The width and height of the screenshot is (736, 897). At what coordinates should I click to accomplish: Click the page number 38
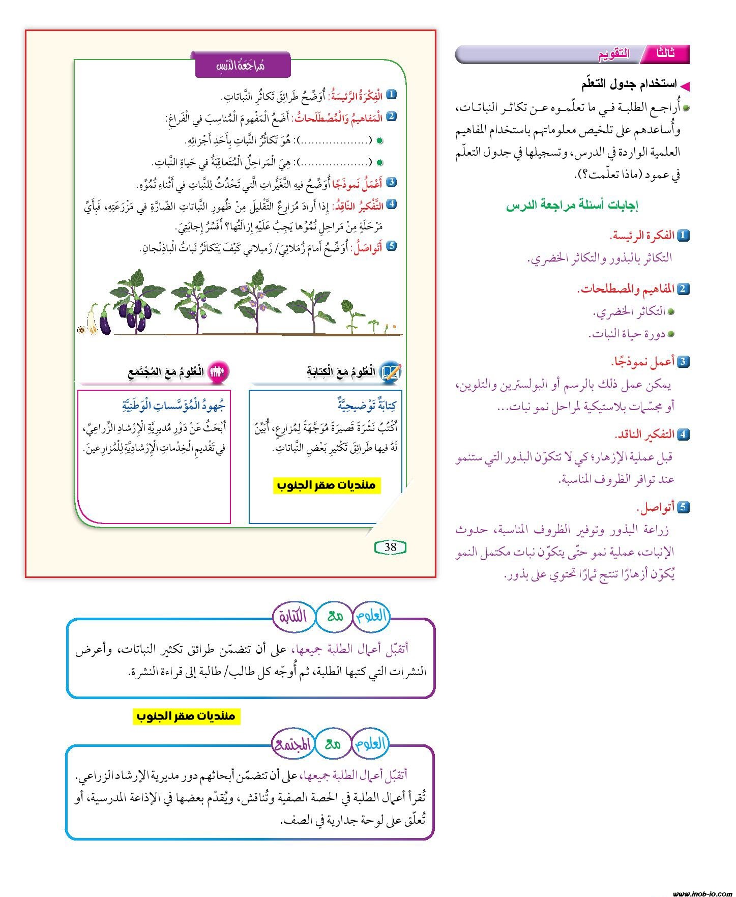coord(390,547)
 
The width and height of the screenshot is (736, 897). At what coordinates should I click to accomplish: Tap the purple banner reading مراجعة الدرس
coord(243,65)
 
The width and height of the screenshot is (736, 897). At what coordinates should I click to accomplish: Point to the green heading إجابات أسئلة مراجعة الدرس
coord(572,205)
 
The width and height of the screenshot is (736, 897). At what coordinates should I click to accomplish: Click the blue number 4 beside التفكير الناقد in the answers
coord(683,434)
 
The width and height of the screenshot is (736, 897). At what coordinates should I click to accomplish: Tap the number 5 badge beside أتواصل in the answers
coord(683,507)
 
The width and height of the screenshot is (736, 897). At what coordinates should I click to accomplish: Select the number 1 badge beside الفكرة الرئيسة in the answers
coord(683,235)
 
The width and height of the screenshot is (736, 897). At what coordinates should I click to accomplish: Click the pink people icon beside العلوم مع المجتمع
coord(217,371)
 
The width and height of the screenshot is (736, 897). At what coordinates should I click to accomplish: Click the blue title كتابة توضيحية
coord(367,405)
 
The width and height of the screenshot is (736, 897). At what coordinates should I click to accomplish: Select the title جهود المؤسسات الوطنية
coord(173,405)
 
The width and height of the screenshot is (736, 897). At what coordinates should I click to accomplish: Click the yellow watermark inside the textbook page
coord(326,485)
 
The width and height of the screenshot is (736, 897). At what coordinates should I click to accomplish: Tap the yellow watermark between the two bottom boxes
coord(186,716)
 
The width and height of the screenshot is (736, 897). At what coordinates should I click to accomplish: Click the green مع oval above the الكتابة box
coord(335,616)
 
